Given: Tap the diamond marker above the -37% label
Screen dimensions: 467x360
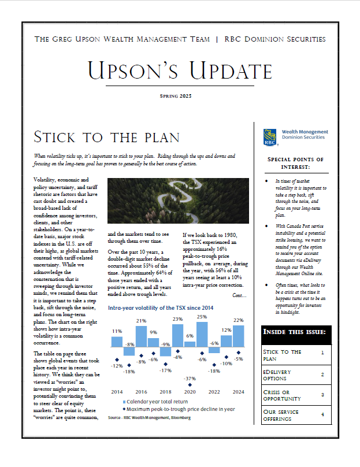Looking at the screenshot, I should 190,369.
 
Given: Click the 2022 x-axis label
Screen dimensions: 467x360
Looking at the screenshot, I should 214,391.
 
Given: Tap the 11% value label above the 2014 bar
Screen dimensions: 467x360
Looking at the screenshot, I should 117,331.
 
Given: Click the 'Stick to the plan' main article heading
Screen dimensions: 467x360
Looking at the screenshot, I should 106,138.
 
